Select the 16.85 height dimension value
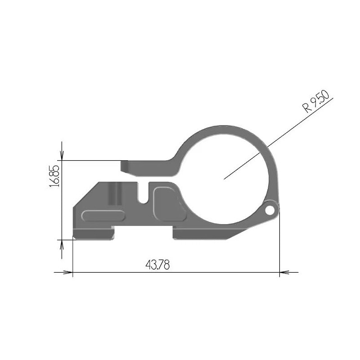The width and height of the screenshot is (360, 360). (55, 175)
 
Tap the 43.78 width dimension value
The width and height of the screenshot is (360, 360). (157, 265)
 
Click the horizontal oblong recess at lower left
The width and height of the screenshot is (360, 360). (103, 216)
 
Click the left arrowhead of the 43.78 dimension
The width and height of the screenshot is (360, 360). (67, 272)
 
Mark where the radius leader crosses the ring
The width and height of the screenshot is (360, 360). (268, 147)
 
